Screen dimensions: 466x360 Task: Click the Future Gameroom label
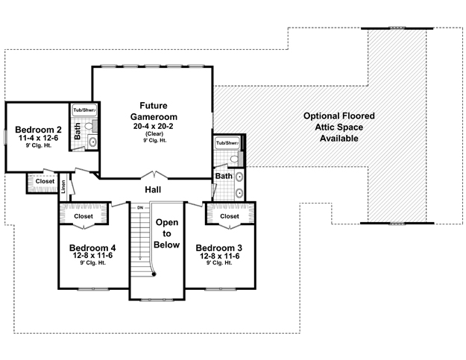tap(154, 111)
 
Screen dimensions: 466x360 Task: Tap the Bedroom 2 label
tap(38, 130)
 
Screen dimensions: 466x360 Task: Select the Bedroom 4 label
tap(92, 247)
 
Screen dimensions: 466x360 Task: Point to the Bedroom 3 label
tap(219, 247)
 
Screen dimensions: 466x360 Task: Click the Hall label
tap(153, 189)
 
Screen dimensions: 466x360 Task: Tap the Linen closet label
tap(63, 187)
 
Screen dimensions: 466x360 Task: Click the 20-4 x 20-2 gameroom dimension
tap(154, 126)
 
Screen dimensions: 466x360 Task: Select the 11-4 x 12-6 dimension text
tap(38, 138)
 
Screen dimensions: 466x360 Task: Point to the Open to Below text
tap(167, 233)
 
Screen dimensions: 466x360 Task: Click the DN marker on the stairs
tap(140, 208)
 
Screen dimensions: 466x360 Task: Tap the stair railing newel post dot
tap(154, 274)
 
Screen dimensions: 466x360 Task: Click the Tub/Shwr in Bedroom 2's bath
tap(85, 110)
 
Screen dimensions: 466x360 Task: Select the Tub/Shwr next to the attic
tap(227, 143)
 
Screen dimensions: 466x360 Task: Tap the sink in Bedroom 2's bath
tap(92, 142)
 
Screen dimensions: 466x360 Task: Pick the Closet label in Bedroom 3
tap(230, 216)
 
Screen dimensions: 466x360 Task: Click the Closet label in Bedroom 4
tap(84, 216)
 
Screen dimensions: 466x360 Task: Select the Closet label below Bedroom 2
tap(45, 181)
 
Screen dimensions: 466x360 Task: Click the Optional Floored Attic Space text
tap(339, 127)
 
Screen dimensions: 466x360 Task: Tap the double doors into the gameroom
tap(154, 175)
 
